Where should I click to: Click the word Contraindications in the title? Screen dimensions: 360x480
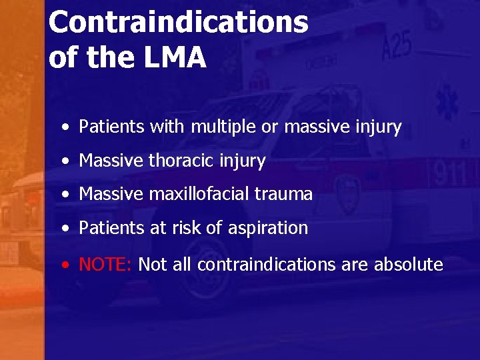(178, 22)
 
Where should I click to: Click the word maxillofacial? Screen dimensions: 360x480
(201, 195)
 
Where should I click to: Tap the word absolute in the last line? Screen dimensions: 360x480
(408, 265)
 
